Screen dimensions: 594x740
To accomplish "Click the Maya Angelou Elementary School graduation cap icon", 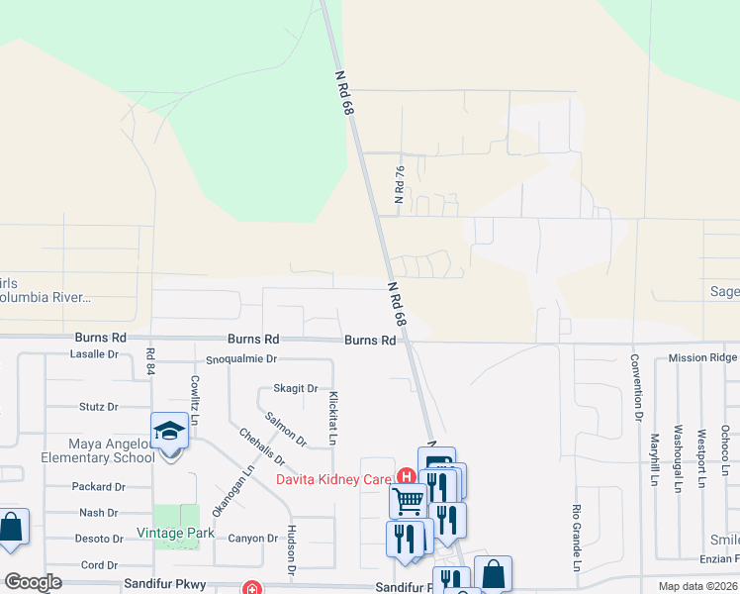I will tap(169, 432).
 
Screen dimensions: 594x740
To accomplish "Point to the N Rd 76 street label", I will tap(400, 185).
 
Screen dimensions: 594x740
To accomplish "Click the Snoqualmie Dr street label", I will tap(241, 359).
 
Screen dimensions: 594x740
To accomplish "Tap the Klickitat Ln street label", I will tap(333, 417).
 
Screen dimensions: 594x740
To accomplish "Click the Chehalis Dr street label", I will tap(261, 446).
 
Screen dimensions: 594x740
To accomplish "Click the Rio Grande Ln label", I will tap(576, 539).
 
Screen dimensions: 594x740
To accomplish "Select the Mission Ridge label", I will tap(702, 357).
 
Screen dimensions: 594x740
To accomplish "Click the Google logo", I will tap(33, 582).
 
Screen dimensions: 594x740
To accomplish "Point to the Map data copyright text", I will tap(698, 586).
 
